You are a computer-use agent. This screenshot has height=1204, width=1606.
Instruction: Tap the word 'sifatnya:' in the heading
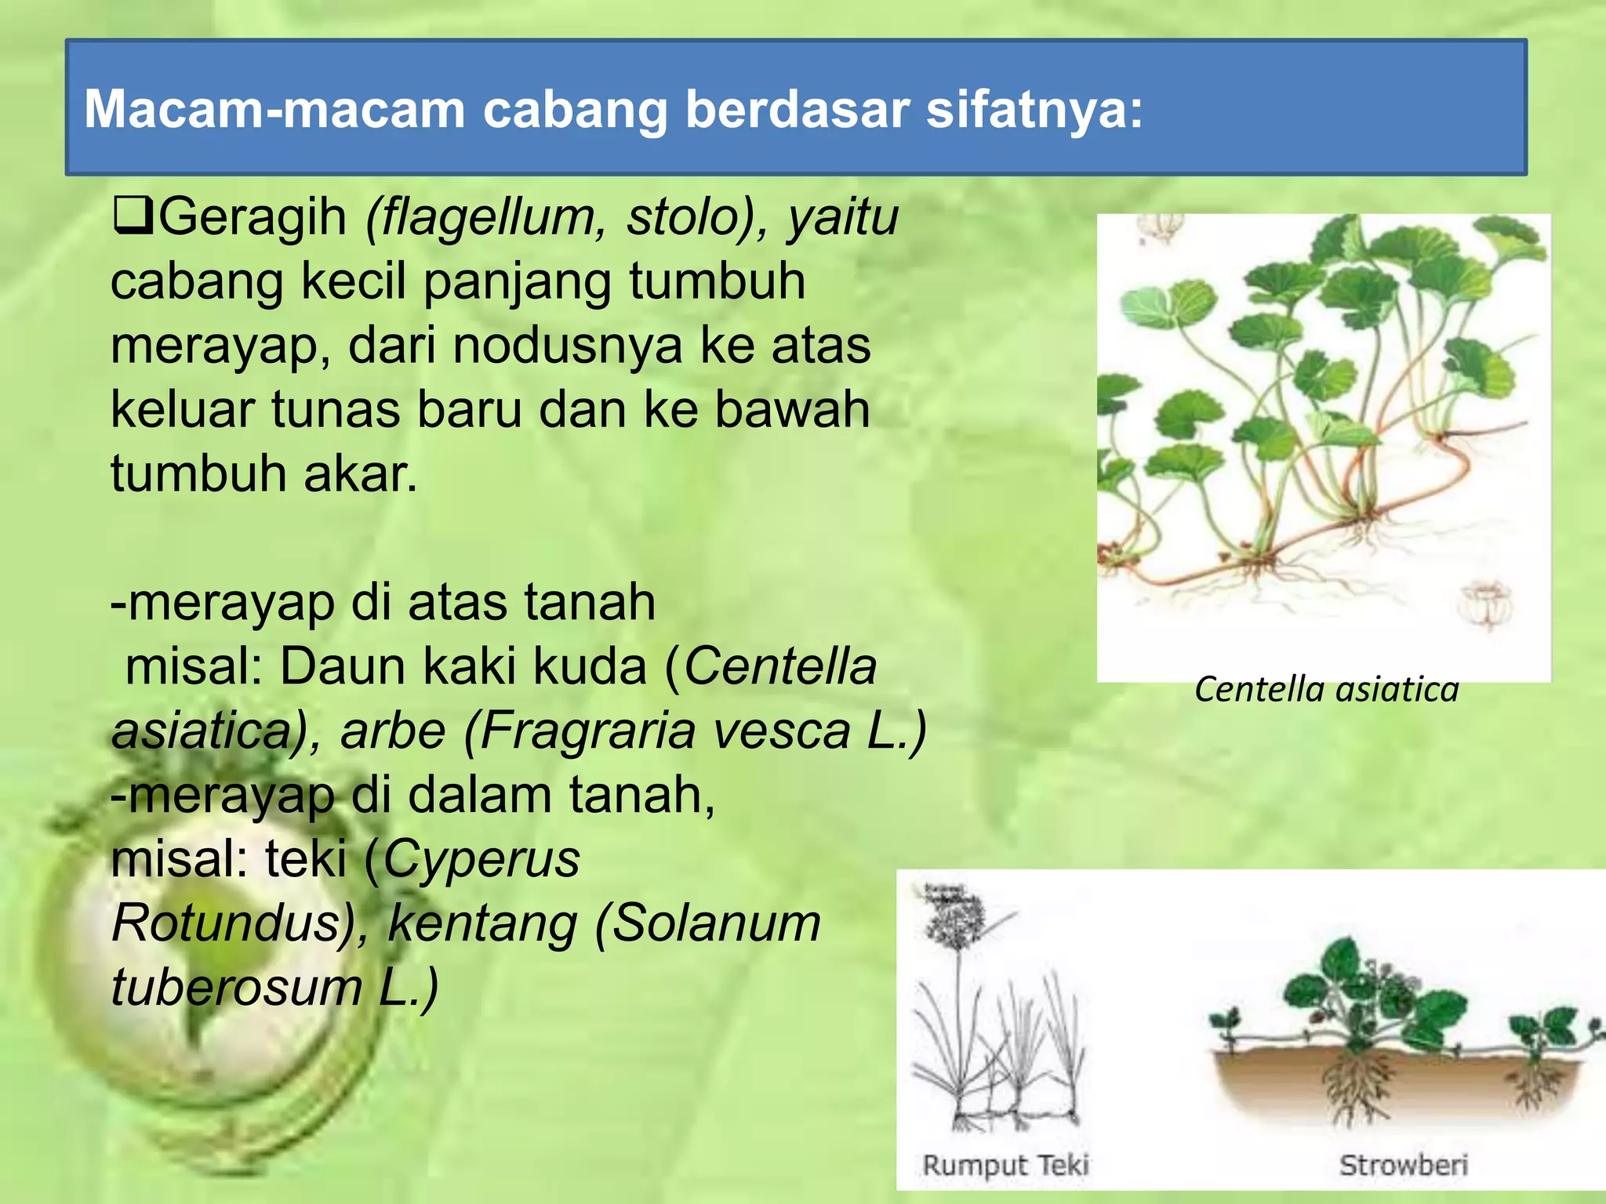coord(1034,110)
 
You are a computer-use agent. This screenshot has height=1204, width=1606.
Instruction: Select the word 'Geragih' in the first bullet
coord(252,218)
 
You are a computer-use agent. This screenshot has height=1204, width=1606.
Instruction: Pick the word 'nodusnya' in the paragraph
coord(568,346)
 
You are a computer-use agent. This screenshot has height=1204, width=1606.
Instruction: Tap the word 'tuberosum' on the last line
coord(235,988)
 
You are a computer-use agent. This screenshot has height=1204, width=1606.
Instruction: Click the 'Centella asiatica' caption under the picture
coord(1326,690)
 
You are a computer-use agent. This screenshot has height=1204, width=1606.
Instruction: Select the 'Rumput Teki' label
coord(1005,1165)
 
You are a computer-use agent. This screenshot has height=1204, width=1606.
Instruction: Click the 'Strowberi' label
coord(1403,1165)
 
